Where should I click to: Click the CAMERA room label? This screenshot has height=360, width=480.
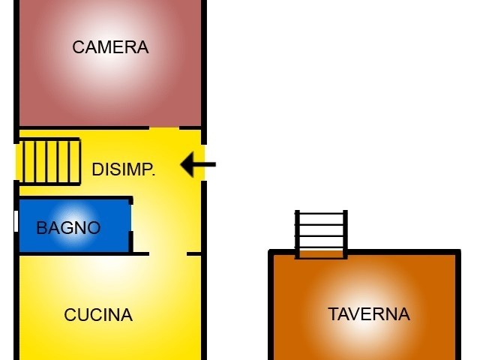110,47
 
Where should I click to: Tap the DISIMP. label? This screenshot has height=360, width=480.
124,169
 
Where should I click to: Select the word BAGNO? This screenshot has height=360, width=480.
68,228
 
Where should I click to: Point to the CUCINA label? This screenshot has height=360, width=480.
98,315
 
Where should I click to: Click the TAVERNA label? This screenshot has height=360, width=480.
369,314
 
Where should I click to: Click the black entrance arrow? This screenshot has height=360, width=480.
198,164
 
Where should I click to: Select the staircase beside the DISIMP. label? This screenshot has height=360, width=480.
49,160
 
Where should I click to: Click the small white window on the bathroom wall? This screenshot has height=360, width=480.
16,221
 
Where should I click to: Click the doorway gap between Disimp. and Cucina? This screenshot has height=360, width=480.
168,253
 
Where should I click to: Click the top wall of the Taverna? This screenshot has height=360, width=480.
397,252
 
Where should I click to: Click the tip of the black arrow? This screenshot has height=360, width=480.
182,164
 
